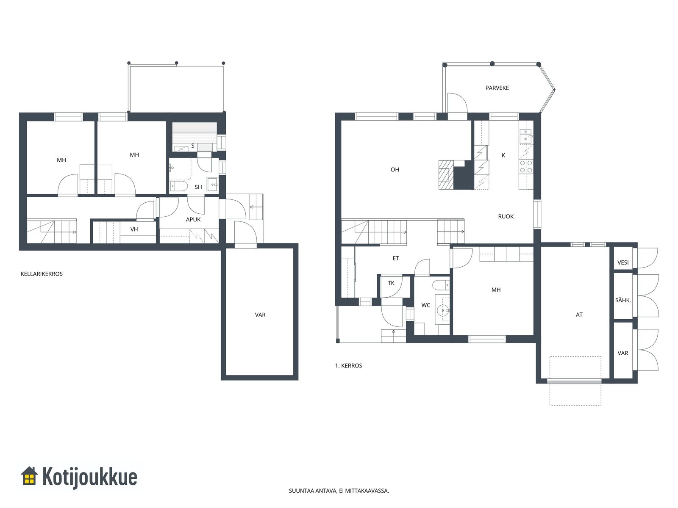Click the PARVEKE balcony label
497,88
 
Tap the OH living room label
395,169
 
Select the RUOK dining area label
506,216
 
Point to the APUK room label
193,220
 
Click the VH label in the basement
134,229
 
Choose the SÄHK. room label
623,300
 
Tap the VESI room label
623,262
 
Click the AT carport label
579,315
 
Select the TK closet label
391,283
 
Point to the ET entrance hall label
396,259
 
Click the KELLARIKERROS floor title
42,274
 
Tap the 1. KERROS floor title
348,365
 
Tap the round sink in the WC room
443,310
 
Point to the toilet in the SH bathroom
179,186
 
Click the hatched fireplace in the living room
446,174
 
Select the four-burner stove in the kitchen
526,166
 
